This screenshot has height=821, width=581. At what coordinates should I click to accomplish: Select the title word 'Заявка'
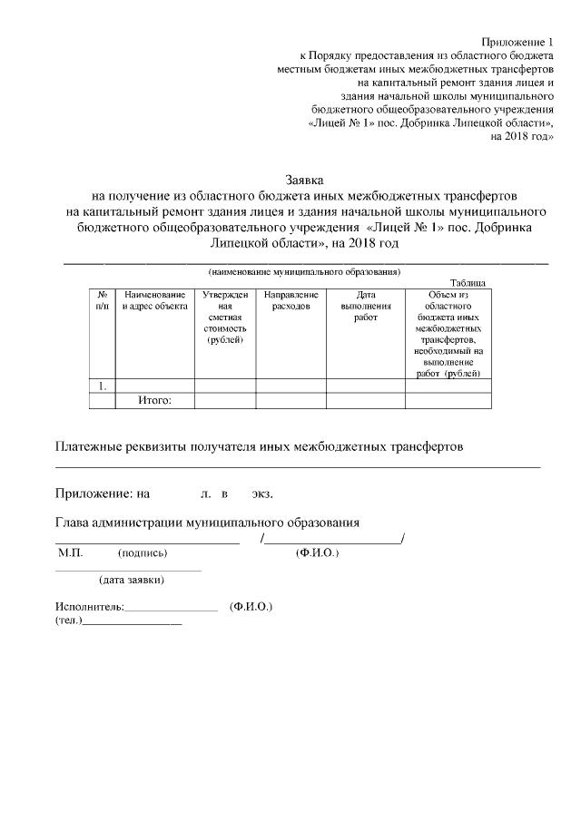tap(304, 181)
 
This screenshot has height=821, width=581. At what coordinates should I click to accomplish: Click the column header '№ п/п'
tap(102, 300)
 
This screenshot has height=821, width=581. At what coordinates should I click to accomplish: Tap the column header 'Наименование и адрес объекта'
tap(154, 300)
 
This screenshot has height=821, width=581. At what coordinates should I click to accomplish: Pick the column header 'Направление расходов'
tap(290, 300)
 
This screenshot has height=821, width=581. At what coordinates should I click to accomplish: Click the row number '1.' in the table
tap(103, 386)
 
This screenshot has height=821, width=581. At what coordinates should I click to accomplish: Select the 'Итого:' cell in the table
tap(154, 399)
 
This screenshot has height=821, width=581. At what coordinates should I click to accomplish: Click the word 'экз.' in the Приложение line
tap(262, 494)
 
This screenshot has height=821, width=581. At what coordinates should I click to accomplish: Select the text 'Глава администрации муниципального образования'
tap(208, 523)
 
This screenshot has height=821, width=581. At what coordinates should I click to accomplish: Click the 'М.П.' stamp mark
tap(70, 552)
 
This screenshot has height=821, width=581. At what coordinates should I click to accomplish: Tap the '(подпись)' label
tap(143, 552)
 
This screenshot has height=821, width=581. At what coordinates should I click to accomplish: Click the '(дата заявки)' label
tap(132, 581)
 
